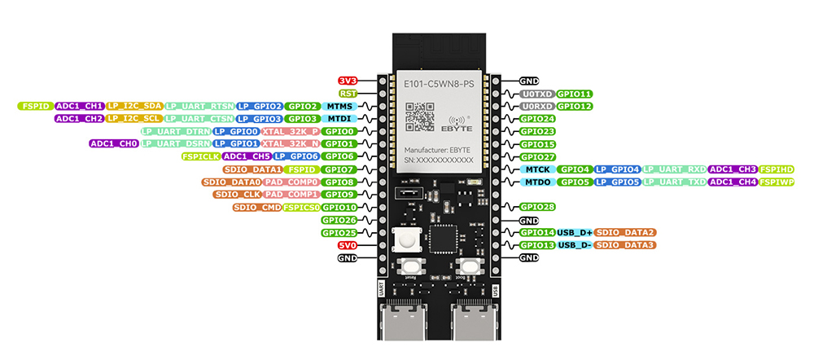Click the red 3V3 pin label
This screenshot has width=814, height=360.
tap(348, 81)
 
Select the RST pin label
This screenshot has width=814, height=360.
tap(348, 94)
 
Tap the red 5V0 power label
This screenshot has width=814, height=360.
tap(348, 245)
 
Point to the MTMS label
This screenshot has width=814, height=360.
tap(339, 106)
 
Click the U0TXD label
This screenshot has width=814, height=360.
tap(537, 94)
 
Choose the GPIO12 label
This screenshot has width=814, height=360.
tap(575, 106)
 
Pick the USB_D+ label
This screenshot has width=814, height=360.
tap(575, 232)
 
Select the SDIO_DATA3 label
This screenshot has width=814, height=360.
tap(625, 245)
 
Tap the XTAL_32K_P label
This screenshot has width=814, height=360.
tap(291, 131)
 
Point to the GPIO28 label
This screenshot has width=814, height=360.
tap(537, 207)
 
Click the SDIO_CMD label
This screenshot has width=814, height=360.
tap(256, 207)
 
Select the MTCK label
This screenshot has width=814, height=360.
tap(537, 169)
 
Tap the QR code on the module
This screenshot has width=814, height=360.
tap(421, 116)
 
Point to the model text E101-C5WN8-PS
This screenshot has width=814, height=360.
tap(438, 85)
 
